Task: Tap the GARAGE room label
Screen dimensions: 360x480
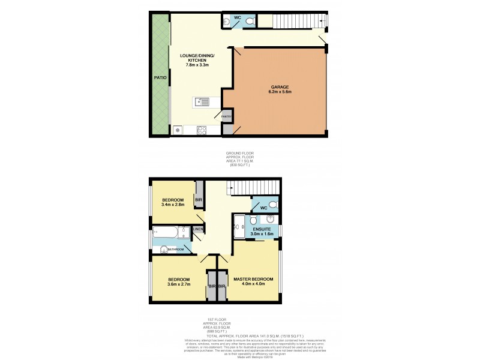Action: pyautogui.click(x=279, y=87)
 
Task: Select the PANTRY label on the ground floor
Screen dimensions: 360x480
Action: pyautogui.click(x=227, y=116)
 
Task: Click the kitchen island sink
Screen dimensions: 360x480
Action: pyautogui.click(x=205, y=102)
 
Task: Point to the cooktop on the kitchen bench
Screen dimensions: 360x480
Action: pyautogui.click(x=202, y=130)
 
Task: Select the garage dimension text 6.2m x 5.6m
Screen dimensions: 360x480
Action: pyautogui.click(x=279, y=93)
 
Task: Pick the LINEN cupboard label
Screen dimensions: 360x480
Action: pyautogui.click(x=198, y=229)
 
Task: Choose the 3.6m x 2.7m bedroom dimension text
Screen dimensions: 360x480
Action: pyautogui.click(x=179, y=286)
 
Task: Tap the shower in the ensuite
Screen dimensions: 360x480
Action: pyautogui.click(x=239, y=224)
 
